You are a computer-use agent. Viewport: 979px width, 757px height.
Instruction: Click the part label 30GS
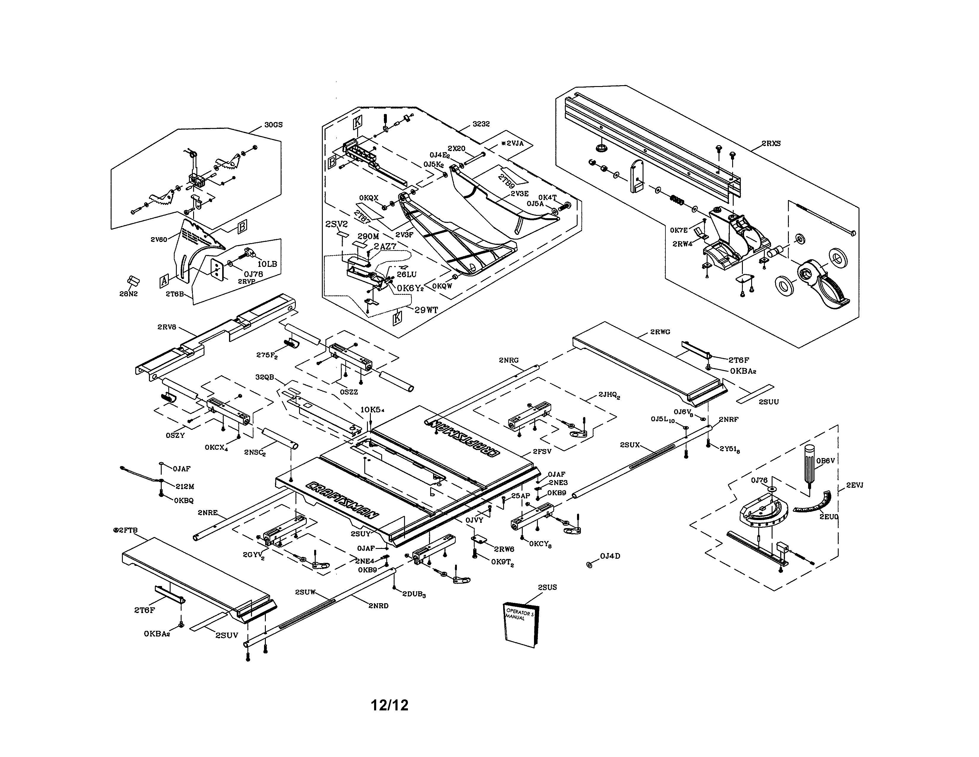[274, 125]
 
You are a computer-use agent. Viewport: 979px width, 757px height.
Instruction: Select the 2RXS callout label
[771, 143]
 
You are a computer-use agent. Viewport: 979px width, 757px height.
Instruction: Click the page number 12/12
[390, 705]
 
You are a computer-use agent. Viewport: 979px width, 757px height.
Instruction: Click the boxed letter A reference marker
[164, 281]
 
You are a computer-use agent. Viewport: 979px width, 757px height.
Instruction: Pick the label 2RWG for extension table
[660, 332]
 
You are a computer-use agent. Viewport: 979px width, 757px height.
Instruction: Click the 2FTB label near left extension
[126, 530]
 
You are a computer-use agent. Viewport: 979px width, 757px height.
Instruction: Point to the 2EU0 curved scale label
[829, 517]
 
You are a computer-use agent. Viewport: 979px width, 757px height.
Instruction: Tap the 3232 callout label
[481, 124]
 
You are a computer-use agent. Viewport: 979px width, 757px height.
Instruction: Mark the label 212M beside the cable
[185, 486]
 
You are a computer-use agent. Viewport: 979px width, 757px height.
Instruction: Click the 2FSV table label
[542, 452]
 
